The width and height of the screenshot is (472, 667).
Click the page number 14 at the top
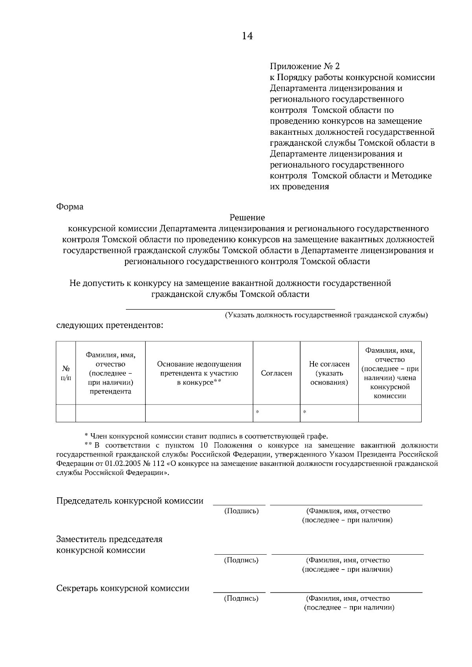(247, 36)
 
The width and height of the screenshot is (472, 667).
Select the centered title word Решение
(247, 218)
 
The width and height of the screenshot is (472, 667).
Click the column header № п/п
(66, 373)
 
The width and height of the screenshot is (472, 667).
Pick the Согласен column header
(277, 373)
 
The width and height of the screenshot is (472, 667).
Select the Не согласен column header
(329, 373)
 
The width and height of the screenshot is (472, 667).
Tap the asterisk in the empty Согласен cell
(257, 412)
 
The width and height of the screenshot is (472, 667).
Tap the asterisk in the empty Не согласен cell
(304, 412)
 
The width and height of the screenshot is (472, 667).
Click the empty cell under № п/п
(66, 413)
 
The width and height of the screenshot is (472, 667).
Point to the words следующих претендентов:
(110, 326)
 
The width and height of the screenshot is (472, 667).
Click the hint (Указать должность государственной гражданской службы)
(326, 315)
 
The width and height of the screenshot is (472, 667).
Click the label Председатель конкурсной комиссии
(130, 501)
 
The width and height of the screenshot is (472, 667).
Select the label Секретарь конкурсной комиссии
(123, 588)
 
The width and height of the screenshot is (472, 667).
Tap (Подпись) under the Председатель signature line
(241, 511)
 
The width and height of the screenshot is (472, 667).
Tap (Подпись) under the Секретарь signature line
(241, 598)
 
